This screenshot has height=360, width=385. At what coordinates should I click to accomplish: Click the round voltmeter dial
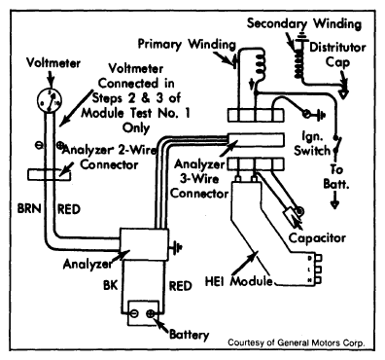point(50,100)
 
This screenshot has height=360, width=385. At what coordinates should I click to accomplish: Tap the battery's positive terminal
point(151,313)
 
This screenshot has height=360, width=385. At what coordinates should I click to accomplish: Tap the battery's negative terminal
point(134,313)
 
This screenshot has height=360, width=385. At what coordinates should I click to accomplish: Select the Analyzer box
point(145,244)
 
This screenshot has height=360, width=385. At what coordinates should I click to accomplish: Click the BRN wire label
point(29,209)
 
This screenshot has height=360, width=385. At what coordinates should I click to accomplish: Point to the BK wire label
point(111,285)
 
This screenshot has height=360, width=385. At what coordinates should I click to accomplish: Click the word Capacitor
point(317,238)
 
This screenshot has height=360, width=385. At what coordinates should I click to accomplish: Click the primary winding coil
point(261,64)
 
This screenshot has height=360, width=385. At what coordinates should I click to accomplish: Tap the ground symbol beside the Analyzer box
point(175,247)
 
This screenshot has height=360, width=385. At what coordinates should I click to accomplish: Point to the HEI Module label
point(239,281)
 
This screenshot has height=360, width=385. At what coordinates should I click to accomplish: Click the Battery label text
point(190,335)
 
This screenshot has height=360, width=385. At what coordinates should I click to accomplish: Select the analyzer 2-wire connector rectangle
point(49,175)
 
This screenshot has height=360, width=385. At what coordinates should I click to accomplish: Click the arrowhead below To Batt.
point(334,204)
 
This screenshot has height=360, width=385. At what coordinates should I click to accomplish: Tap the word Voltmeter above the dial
point(53,62)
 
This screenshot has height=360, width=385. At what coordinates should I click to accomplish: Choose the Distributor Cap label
point(337,54)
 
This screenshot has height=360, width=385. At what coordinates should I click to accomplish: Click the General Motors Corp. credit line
point(297,342)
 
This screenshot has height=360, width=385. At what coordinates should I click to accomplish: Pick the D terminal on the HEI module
point(319,259)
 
